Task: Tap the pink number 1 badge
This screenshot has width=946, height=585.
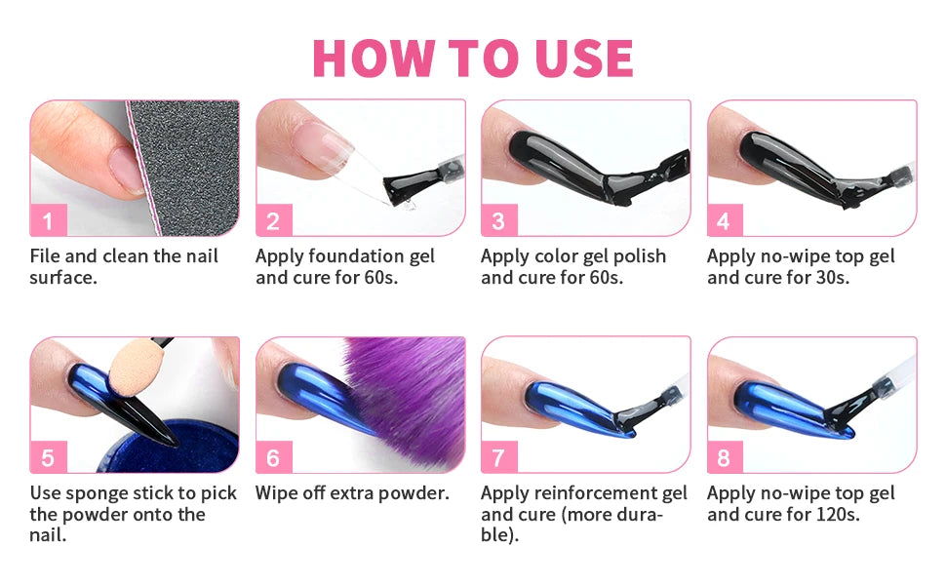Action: [48, 221]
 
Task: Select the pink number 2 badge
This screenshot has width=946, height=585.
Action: [273, 221]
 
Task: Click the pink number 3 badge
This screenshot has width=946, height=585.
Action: [498, 221]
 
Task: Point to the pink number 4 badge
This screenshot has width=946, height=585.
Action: [724, 221]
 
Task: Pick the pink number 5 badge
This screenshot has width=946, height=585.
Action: [48, 457]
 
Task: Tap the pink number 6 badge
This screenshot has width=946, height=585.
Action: [273, 457]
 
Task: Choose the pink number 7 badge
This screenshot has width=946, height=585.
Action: [498, 457]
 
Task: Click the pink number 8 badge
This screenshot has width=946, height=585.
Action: [724, 457]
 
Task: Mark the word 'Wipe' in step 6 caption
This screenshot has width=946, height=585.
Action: [277, 492]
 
